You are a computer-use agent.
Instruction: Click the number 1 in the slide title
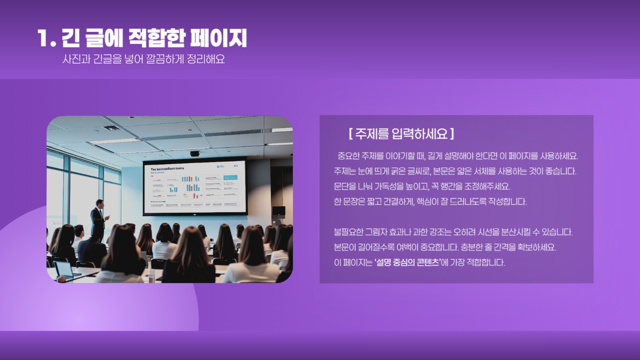(43, 38)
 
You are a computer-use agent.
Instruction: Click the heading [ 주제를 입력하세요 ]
(401, 134)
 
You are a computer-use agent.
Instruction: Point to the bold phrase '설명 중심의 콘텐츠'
(407, 263)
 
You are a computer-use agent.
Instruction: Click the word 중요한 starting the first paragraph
(349, 156)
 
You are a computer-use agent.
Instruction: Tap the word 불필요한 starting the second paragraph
(348, 232)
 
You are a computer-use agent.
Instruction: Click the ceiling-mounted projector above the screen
(195, 153)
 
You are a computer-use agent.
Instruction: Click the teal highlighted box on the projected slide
(230, 177)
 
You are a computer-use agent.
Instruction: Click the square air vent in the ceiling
(111, 128)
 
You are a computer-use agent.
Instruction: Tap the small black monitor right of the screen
(278, 211)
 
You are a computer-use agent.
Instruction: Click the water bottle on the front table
(151, 274)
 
